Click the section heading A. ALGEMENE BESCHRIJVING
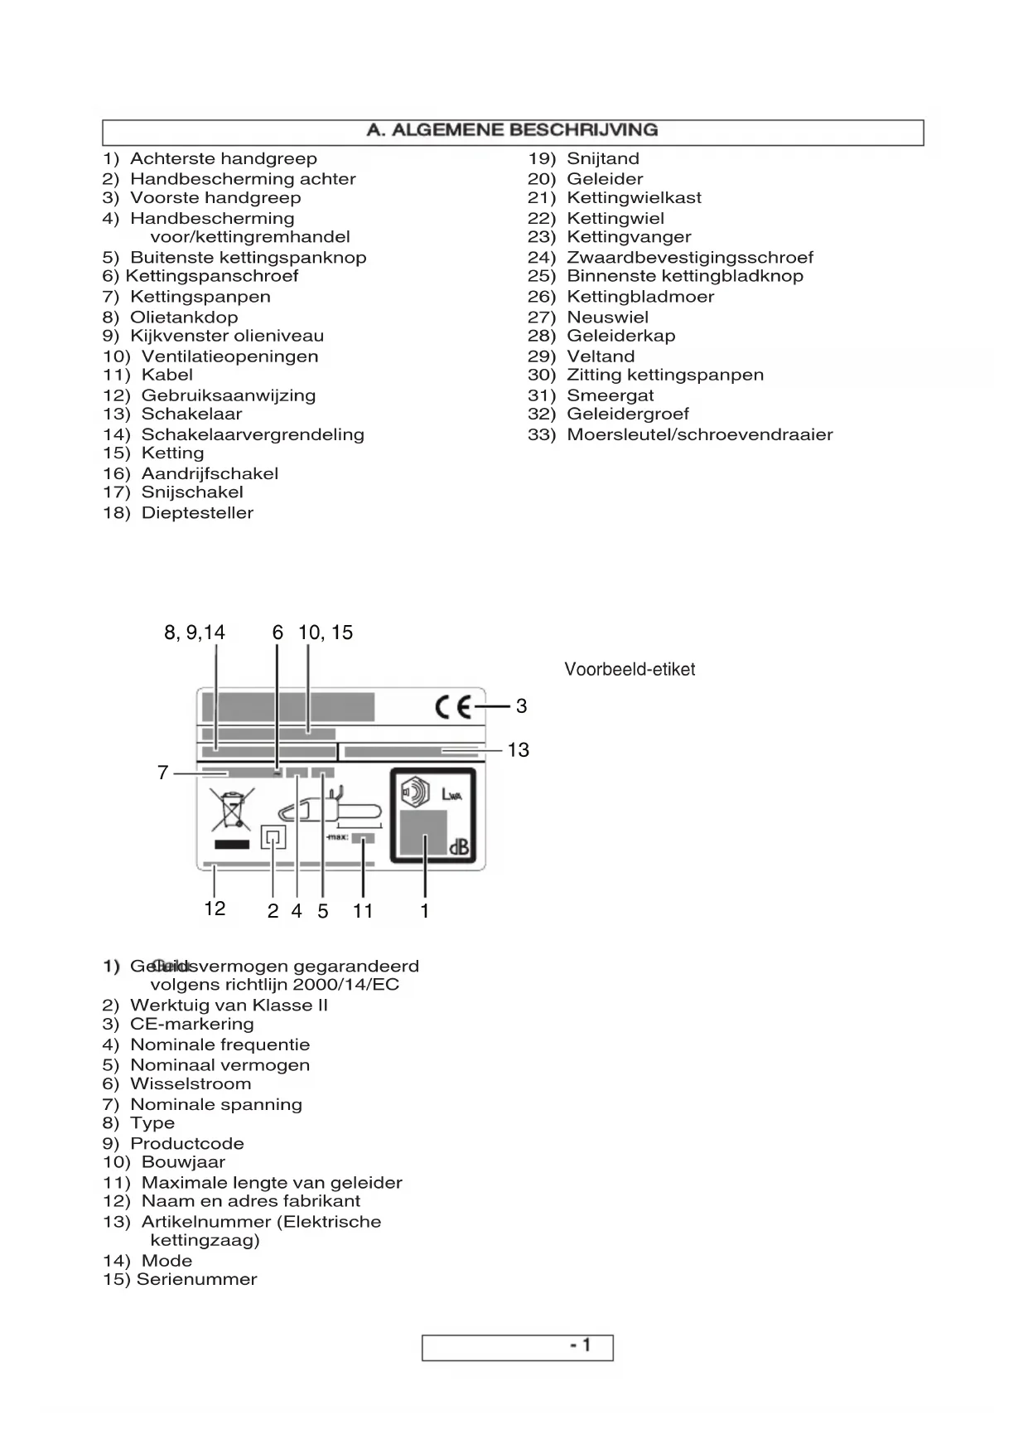pos(513,131)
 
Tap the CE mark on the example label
pos(453,707)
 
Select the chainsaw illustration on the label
pos(331,810)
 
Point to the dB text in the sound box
pos(458,849)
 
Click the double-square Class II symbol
pos(273,837)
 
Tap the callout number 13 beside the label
pos(518,750)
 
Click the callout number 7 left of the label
pos(163,773)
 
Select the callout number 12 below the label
pos(215,909)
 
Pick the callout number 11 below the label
pos(363,911)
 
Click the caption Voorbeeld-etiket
pos(630,670)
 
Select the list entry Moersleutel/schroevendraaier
pos(699,435)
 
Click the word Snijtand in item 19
pos(603,159)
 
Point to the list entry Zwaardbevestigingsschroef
pos(689,258)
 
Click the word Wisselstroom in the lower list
pos(191,1084)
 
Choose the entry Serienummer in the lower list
pos(197,1280)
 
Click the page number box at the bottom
pos(517,1347)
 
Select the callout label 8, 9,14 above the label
pos(195,633)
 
